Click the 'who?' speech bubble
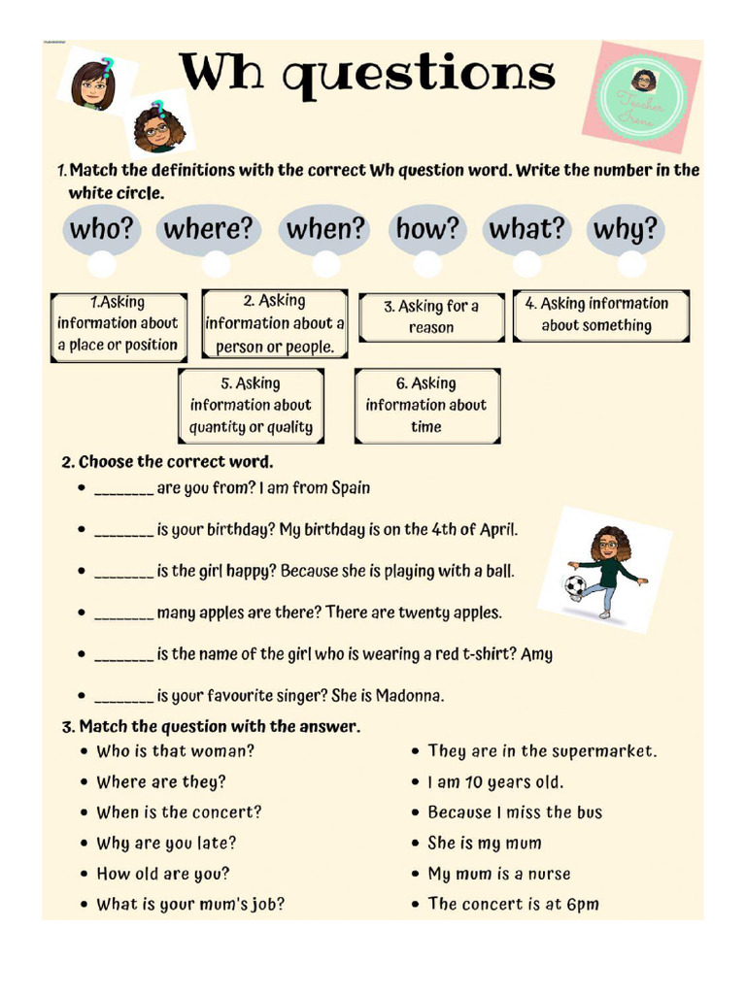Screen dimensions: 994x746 [101, 230]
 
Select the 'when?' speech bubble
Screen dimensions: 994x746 [325, 230]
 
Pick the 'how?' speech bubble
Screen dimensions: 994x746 [427, 230]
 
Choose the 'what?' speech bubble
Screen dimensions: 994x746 [526, 230]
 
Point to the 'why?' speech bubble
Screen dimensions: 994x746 [626, 230]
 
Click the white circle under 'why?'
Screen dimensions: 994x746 [631, 264]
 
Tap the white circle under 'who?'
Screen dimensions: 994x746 [101, 264]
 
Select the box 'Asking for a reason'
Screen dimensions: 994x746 [430, 316]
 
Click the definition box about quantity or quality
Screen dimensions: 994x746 [251, 405]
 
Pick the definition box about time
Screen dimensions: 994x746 [426, 405]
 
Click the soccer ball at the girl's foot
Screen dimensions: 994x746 [576, 585]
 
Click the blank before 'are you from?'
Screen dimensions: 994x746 [123, 488]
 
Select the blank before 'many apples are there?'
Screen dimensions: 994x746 [123, 613]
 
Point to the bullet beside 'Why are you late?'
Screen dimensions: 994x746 [85, 844]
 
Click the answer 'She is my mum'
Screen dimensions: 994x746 [485, 844]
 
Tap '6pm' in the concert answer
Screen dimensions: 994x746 [583, 905]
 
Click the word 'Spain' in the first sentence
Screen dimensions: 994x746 [351, 488]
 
